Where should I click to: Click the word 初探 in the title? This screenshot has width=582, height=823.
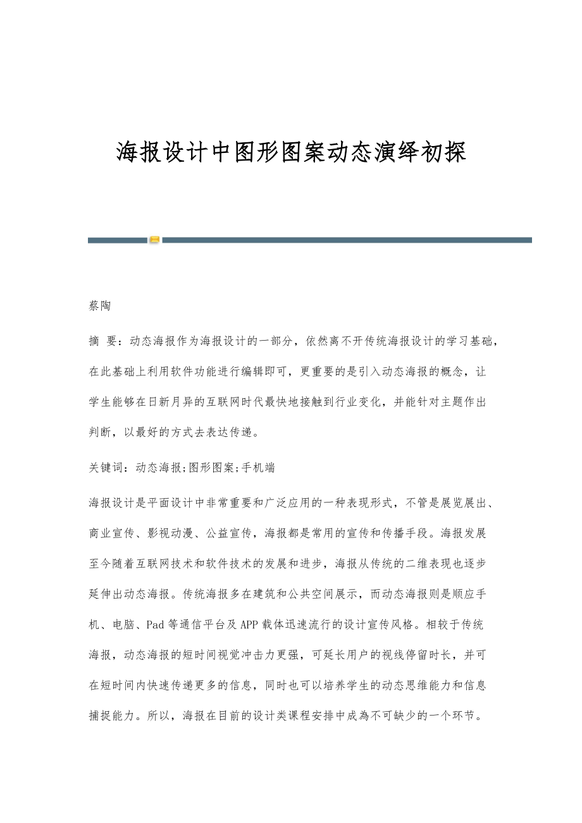[443, 152]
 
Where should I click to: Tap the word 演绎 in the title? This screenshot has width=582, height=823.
[396, 152]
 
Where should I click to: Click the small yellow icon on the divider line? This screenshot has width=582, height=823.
[154, 240]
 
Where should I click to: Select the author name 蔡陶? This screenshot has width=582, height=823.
[100, 306]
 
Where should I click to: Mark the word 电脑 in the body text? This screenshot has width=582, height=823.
[125, 625]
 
